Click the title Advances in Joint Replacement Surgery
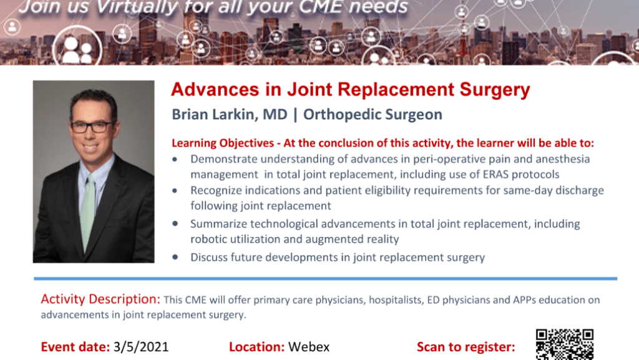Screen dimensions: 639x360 [351, 90]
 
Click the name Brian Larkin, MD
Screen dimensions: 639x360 [230, 114]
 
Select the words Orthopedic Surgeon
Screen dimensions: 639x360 [373, 114]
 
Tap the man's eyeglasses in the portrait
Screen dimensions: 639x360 [92, 127]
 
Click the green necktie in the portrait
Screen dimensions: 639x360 [87, 212]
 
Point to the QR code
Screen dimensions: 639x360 [564, 344]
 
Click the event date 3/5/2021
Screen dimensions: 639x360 [141, 347]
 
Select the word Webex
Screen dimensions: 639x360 [309, 347]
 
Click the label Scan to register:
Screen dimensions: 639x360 [466, 347]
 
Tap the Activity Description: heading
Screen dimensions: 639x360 [100, 299]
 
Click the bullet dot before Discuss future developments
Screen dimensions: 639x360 [175, 257]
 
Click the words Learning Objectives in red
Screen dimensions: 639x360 [223, 144]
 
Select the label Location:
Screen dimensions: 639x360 [256, 347]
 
